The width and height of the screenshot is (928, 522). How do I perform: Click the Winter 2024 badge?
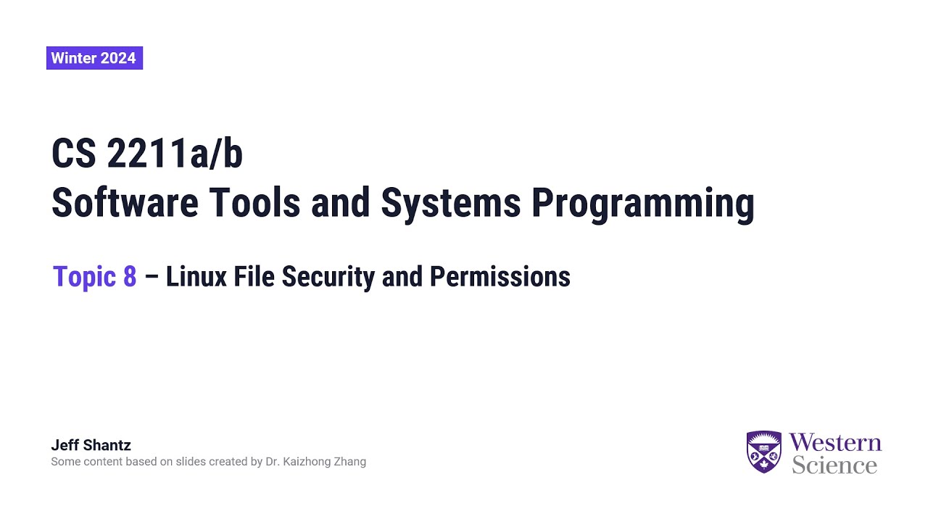pos(94,58)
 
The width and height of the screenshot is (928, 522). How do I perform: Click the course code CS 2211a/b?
pos(146,154)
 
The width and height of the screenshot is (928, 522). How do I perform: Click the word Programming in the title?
pos(642,204)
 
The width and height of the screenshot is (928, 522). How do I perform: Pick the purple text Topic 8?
pos(94,277)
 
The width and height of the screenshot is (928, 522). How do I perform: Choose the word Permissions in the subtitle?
pos(500,277)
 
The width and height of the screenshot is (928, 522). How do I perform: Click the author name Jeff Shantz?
pos(91,445)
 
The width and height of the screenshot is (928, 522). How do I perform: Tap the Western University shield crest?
pos(763,452)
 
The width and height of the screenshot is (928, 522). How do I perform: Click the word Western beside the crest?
pos(835,443)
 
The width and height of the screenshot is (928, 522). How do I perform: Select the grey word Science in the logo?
pos(834,465)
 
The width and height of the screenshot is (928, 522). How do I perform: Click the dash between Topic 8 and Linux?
pos(152,277)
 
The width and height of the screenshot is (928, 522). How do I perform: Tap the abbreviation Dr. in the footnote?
pos(272,462)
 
